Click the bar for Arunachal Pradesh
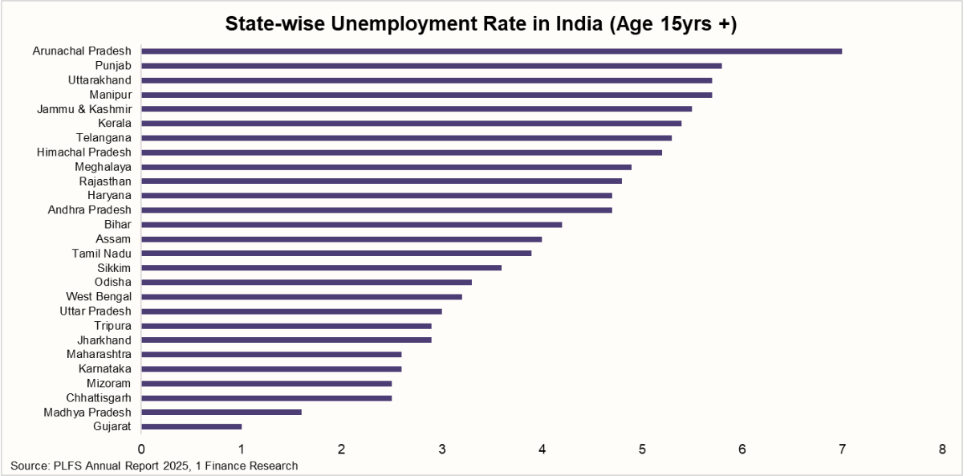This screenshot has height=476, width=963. click(x=491, y=51)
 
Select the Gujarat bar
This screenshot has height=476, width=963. click(x=191, y=426)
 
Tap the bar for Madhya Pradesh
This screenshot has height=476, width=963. click(x=221, y=413)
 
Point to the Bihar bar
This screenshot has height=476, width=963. click(x=351, y=225)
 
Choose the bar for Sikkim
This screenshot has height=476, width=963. click(x=321, y=268)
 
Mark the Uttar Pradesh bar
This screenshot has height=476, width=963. click(x=291, y=311)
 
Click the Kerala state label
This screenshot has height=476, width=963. click(x=114, y=124)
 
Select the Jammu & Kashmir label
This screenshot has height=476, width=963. click(x=84, y=109)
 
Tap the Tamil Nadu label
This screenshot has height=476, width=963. click(x=101, y=254)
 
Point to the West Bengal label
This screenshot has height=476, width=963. click(x=99, y=297)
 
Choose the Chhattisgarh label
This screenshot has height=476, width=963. click(x=99, y=398)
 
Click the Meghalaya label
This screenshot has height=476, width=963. click(x=103, y=167)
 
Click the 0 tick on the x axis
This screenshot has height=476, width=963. click(x=141, y=450)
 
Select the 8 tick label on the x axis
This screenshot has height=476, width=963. click(x=942, y=450)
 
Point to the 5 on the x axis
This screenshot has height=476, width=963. click(x=642, y=450)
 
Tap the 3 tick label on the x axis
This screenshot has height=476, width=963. click(x=441, y=450)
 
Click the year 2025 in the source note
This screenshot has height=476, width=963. click(x=176, y=466)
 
